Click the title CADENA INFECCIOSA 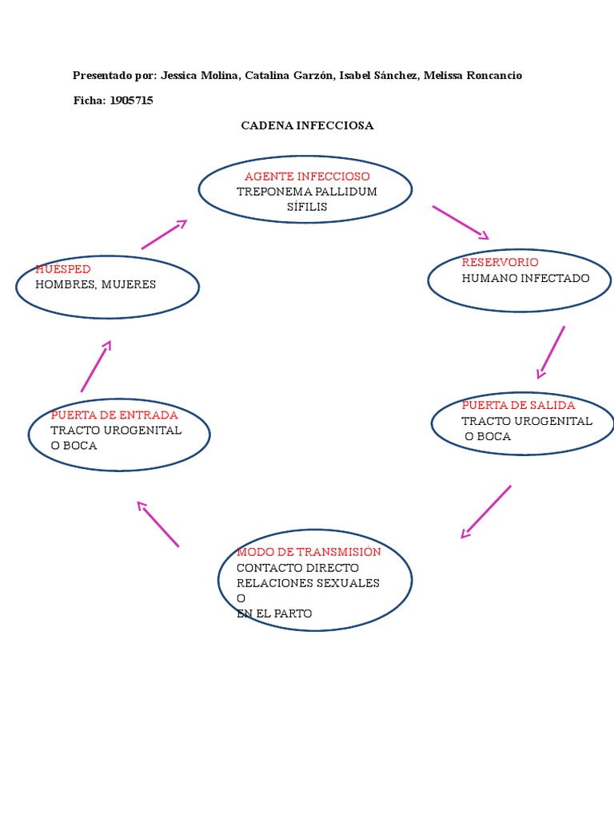(x=307, y=125)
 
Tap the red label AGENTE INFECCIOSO (x=307, y=176)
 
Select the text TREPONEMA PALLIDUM (x=307, y=192)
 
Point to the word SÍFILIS (x=307, y=207)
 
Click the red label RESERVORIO (x=500, y=262)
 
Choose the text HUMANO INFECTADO (x=525, y=278)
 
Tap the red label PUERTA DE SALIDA (x=518, y=405)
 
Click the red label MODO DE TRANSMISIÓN (x=309, y=552)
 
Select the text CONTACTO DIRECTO (x=297, y=567)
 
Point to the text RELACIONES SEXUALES (x=308, y=583)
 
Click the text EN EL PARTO (x=274, y=613)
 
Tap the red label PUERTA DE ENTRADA (x=114, y=415)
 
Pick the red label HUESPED (x=63, y=269)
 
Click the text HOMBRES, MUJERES (x=96, y=284)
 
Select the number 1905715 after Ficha (x=131, y=101)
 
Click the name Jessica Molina (x=200, y=75)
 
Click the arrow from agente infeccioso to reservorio (x=460, y=222)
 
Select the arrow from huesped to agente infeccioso (x=164, y=235)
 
